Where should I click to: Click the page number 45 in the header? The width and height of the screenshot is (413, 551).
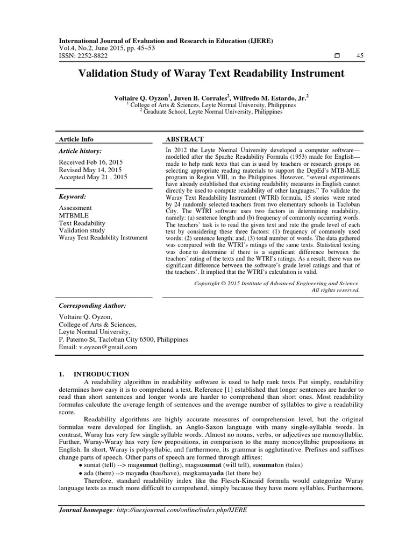point(360,56)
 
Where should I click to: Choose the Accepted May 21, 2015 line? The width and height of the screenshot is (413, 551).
point(93,177)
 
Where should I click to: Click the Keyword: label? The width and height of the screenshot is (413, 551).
point(73,196)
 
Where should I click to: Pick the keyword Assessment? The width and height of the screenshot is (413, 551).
point(75,208)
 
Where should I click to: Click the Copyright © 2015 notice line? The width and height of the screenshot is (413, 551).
point(276,282)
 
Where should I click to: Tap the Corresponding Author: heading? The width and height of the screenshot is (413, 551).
point(92,305)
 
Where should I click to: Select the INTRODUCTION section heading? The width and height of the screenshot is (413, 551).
point(102,374)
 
